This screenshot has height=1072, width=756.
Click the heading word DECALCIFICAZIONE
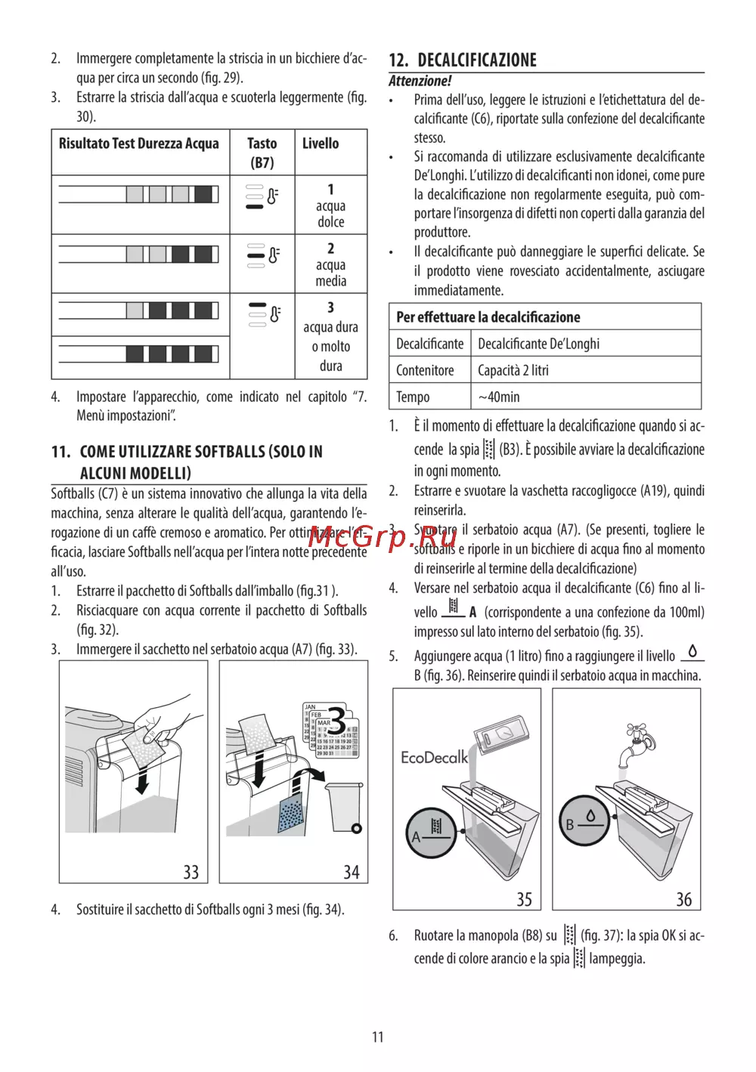pyautogui.click(x=477, y=60)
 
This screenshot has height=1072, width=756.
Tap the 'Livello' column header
pyautogui.click(x=321, y=144)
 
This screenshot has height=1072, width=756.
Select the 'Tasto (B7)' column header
pyautogui.click(x=262, y=153)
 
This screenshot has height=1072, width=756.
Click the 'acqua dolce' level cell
pyautogui.click(x=330, y=205)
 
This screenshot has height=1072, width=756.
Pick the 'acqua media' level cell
pyautogui.click(x=330, y=264)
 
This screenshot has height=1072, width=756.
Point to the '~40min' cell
pyautogui.click(x=499, y=397)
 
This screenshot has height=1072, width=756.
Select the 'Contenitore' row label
pyautogui.click(x=425, y=370)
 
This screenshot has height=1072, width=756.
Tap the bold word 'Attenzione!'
pyautogui.click(x=420, y=81)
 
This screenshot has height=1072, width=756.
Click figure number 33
pyautogui.click(x=191, y=872)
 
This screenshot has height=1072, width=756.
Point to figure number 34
pyautogui.click(x=352, y=872)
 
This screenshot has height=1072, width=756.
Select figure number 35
pyautogui.click(x=525, y=899)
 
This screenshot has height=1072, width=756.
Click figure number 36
pyautogui.click(x=684, y=899)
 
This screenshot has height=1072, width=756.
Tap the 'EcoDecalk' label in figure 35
pyautogui.click(x=434, y=757)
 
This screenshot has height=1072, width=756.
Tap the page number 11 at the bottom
pyautogui.click(x=378, y=1036)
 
